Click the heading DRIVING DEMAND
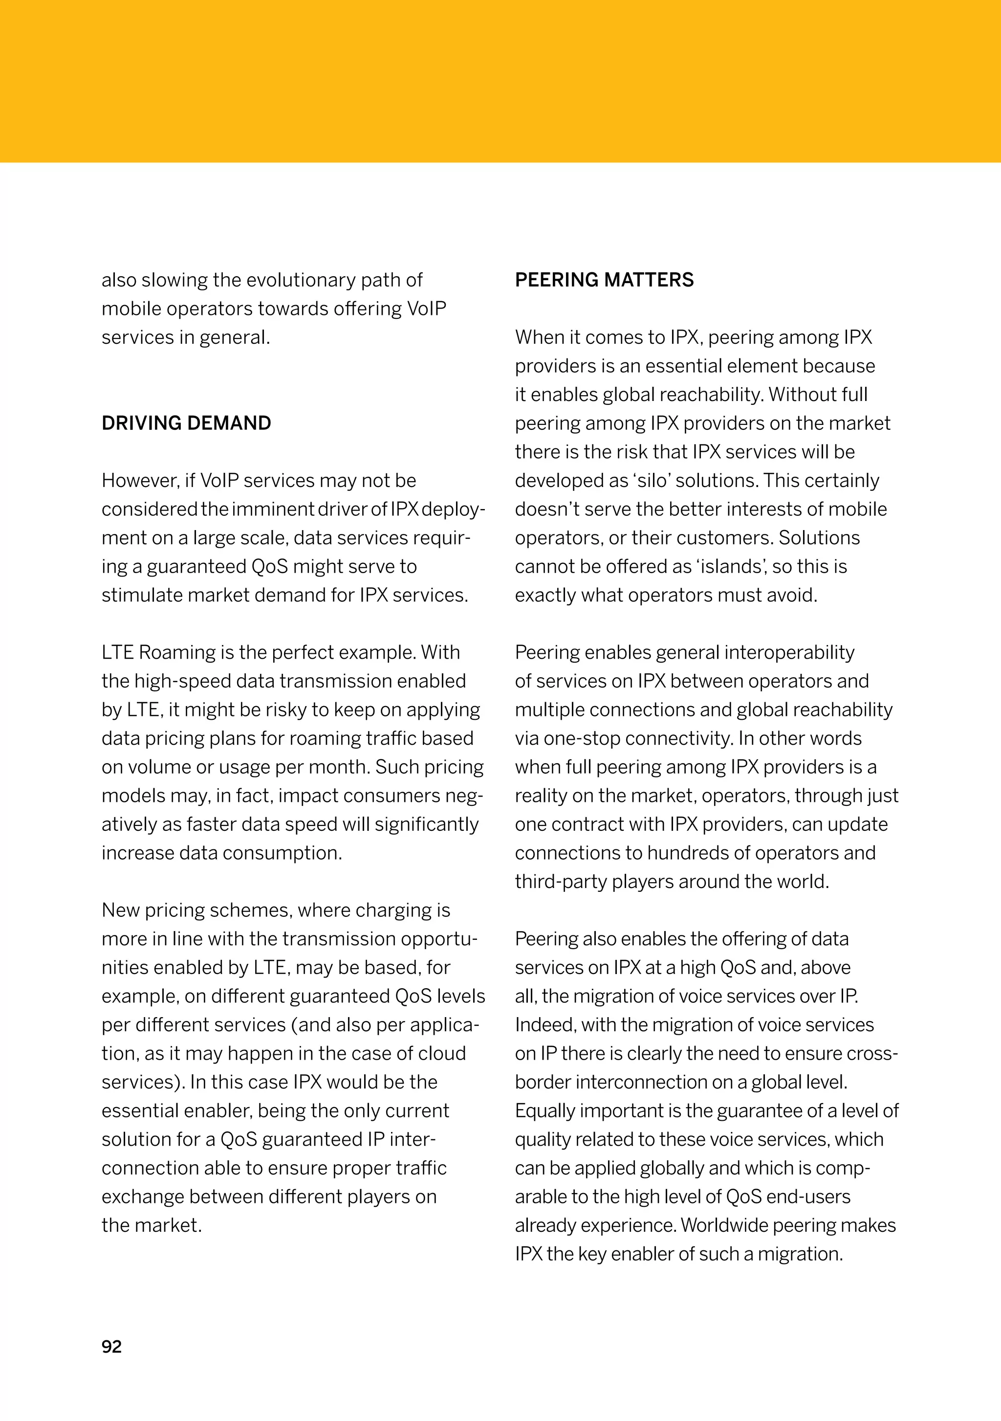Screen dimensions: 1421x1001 [x=186, y=423]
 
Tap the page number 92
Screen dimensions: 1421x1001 [x=111, y=1347]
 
